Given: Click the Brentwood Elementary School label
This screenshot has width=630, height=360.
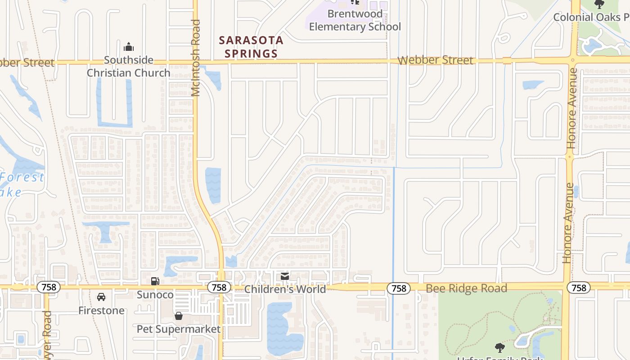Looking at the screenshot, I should tap(355, 20).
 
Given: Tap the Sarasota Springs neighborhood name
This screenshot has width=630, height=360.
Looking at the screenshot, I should tap(251, 47).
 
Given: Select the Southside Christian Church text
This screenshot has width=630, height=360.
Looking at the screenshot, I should tap(129, 66).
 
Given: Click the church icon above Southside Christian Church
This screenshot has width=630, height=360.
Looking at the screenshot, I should tap(129, 47).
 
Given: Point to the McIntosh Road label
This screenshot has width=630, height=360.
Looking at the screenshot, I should tap(195, 58).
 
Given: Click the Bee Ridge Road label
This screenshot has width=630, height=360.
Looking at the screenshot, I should tap(466, 288).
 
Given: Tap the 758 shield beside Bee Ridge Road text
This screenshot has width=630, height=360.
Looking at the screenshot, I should tap(399, 288).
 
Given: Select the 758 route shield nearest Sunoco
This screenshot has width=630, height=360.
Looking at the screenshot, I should tap(219, 287).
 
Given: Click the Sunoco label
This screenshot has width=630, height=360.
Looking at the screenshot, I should tap(155, 295).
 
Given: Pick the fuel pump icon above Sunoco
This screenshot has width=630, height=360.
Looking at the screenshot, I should tap(155, 281).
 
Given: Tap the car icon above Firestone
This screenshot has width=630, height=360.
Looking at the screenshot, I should tap(101, 297).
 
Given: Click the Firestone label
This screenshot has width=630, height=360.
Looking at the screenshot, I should tap(101, 310).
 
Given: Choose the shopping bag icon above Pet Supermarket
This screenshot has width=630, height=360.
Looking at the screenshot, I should tap(179, 316).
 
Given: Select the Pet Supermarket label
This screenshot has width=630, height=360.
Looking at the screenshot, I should tap(179, 329).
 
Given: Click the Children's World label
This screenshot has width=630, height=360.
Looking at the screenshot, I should tap(285, 289).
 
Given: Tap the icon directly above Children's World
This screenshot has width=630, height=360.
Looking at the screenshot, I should tap(285, 276).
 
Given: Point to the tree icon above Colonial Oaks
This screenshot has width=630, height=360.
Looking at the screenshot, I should tap(599, 4).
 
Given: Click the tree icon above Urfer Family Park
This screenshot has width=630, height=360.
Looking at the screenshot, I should tap(499, 347).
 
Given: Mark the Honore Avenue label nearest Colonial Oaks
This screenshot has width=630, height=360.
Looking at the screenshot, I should tap(572, 108).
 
